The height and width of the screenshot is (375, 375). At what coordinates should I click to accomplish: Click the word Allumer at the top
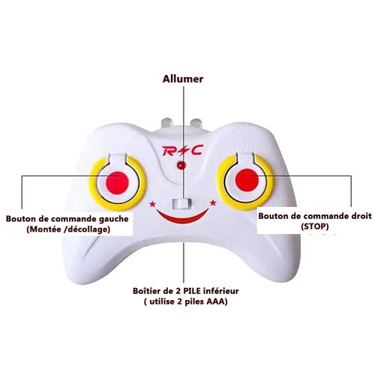pyautogui.click(x=183, y=79)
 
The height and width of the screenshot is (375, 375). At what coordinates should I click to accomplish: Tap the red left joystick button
pyautogui.click(x=117, y=183)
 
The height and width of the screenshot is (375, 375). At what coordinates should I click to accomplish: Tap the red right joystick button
pyautogui.click(x=247, y=180)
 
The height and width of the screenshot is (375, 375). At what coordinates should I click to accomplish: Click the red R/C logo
pyautogui.click(x=182, y=151)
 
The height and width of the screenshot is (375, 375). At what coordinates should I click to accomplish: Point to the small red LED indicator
pyautogui.click(x=181, y=165)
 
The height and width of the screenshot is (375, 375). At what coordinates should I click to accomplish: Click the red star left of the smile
pyautogui.click(x=152, y=204)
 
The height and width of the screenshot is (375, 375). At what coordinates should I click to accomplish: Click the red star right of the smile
pyautogui.click(x=213, y=202)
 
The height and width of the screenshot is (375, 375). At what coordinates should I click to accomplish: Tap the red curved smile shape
pyautogui.click(x=182, y=217)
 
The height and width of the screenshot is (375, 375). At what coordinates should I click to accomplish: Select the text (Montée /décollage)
pyautogui.click(x=68, y=229)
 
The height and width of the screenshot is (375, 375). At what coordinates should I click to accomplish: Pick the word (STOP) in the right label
pyautogui.click(x=315, y=226)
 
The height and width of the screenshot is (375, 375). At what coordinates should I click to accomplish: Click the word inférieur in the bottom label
pyautogui.click(x=221, y=291)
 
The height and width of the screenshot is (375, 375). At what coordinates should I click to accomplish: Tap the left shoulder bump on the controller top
pyautogui.click(x=167, y=123)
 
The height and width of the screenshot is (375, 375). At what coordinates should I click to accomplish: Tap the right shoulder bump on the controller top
pyautogui.click(x=196, y=123)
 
